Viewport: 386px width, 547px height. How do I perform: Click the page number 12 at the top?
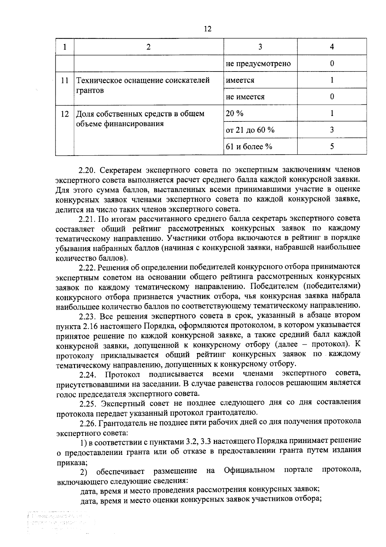coord(207,29)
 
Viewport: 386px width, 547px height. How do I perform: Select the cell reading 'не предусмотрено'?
coord(258,63)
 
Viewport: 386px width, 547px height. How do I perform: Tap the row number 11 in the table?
coord(65,80)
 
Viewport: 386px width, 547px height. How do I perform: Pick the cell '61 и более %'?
coord(249,147)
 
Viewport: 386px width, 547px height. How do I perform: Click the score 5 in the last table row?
coord(332,147)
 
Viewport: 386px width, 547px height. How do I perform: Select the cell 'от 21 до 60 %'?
coord(250,130)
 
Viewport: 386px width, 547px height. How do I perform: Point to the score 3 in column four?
coord(332,130)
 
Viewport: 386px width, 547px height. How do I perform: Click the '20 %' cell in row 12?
coord(235,113)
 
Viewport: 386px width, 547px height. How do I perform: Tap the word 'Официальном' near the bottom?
coord(249,470)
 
